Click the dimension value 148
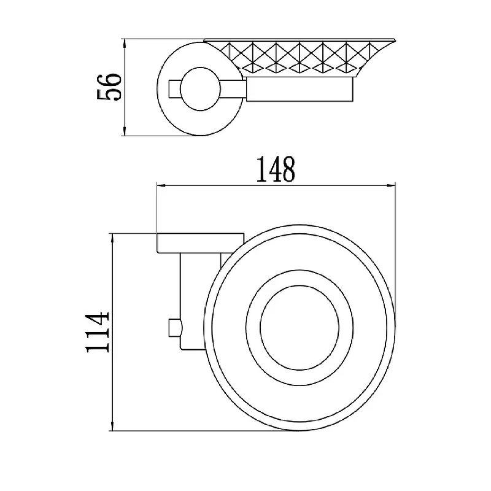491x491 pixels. point(276,169)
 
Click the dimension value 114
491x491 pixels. point(98,332)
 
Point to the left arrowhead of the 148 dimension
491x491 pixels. point(161,186)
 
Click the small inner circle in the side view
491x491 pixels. point(180,89)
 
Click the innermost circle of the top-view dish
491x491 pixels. point(260,328)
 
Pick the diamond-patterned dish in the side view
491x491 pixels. point(299,58)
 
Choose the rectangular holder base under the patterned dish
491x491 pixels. point(300,89)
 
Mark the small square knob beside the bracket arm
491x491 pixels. point(175,328)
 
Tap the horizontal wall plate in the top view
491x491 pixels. point(200,243)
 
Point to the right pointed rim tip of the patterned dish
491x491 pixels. point(396,39)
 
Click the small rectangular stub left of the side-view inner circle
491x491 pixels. point(174,89)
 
